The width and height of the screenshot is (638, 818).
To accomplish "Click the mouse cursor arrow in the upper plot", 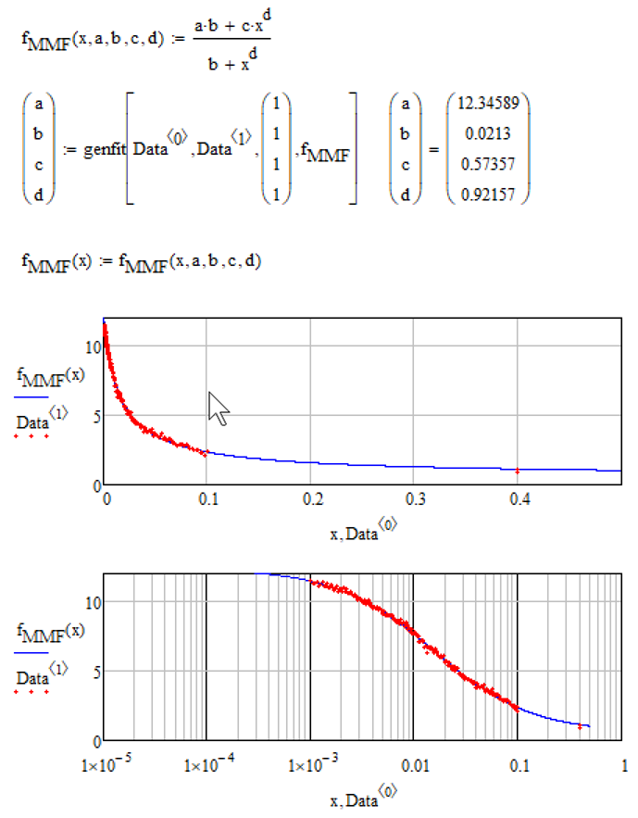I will [x=218, y=407].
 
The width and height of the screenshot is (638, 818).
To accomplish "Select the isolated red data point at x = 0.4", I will [x=518, y=471].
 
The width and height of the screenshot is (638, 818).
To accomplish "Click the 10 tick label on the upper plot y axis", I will [x=91, y=346].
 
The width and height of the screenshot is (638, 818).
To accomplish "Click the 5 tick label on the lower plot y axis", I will [x=94, y=671].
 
